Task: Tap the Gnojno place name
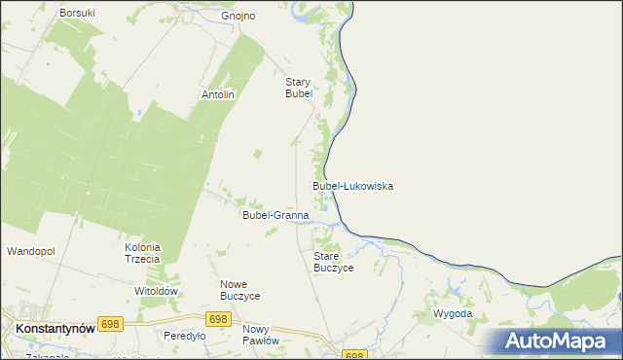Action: tap(238, 16)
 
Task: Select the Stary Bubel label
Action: tap(298, 88)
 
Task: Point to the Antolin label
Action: tap(218, 94)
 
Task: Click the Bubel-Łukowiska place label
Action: tap(352, 185)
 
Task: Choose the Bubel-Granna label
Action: tap(275, 215)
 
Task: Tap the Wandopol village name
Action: tap(31, 251)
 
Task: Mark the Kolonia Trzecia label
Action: tap(142, 254)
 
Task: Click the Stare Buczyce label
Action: tap(333, 261)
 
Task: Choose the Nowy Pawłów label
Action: tap(261, 335)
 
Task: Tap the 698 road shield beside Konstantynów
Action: tap(110, 324)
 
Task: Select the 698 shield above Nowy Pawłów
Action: tap(218, 318)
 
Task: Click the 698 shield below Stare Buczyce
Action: tap(354, 355)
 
